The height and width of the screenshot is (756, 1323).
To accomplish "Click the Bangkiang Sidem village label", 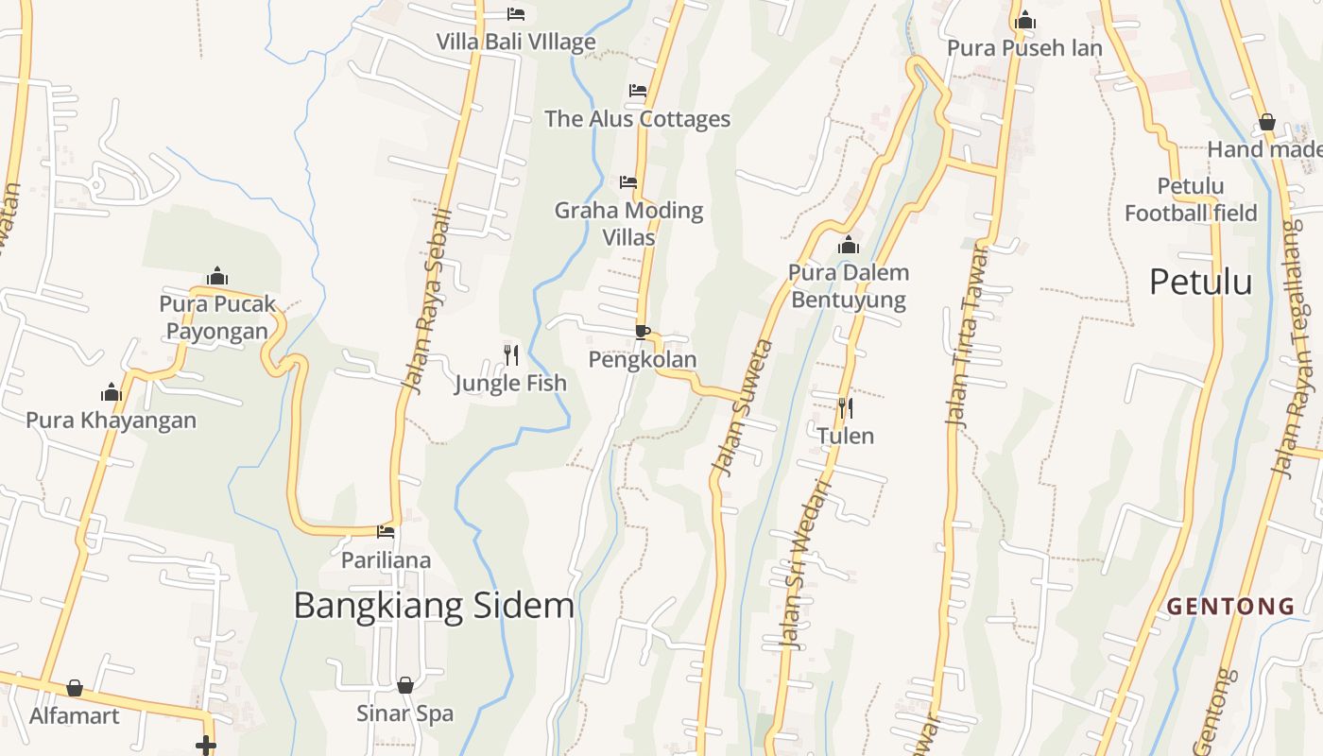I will [x=434, y=605].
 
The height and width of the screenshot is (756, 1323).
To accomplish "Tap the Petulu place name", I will [x=1200, y=282].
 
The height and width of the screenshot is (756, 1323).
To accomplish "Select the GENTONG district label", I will [x=1230, y=607].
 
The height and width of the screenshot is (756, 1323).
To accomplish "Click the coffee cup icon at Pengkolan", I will [x=643, y=332].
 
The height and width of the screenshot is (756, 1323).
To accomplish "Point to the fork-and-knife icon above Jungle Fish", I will [x=510, y=355].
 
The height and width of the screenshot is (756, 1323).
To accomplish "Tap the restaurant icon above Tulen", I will [x=846, y=408].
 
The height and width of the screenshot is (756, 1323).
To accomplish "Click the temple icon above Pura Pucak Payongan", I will [x=217, y=276].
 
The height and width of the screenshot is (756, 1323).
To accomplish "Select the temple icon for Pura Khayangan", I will [x=112, y=392].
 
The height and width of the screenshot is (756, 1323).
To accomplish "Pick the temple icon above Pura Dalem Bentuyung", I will [x=849, y=246].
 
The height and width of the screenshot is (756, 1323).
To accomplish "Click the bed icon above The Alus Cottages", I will [x=638, y=91].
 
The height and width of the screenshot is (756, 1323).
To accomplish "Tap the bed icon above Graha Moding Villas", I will [x=628, y=181].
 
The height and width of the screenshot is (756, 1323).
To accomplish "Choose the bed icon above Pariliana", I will [x=386, y=532].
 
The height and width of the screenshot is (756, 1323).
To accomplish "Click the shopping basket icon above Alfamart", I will [x=75, y=688].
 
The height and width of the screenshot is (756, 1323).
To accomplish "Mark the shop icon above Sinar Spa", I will [x=405, y=685].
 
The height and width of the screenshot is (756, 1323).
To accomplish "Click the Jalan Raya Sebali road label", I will [x=426, y=301].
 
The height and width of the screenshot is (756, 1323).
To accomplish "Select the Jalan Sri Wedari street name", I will [x=805, y=564].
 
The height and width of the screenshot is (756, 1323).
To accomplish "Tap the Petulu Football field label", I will [x=1191, y=199].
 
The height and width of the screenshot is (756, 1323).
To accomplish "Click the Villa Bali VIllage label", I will [x=516, y=42].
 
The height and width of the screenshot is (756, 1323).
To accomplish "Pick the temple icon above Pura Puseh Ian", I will [x=1025, y=21].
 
